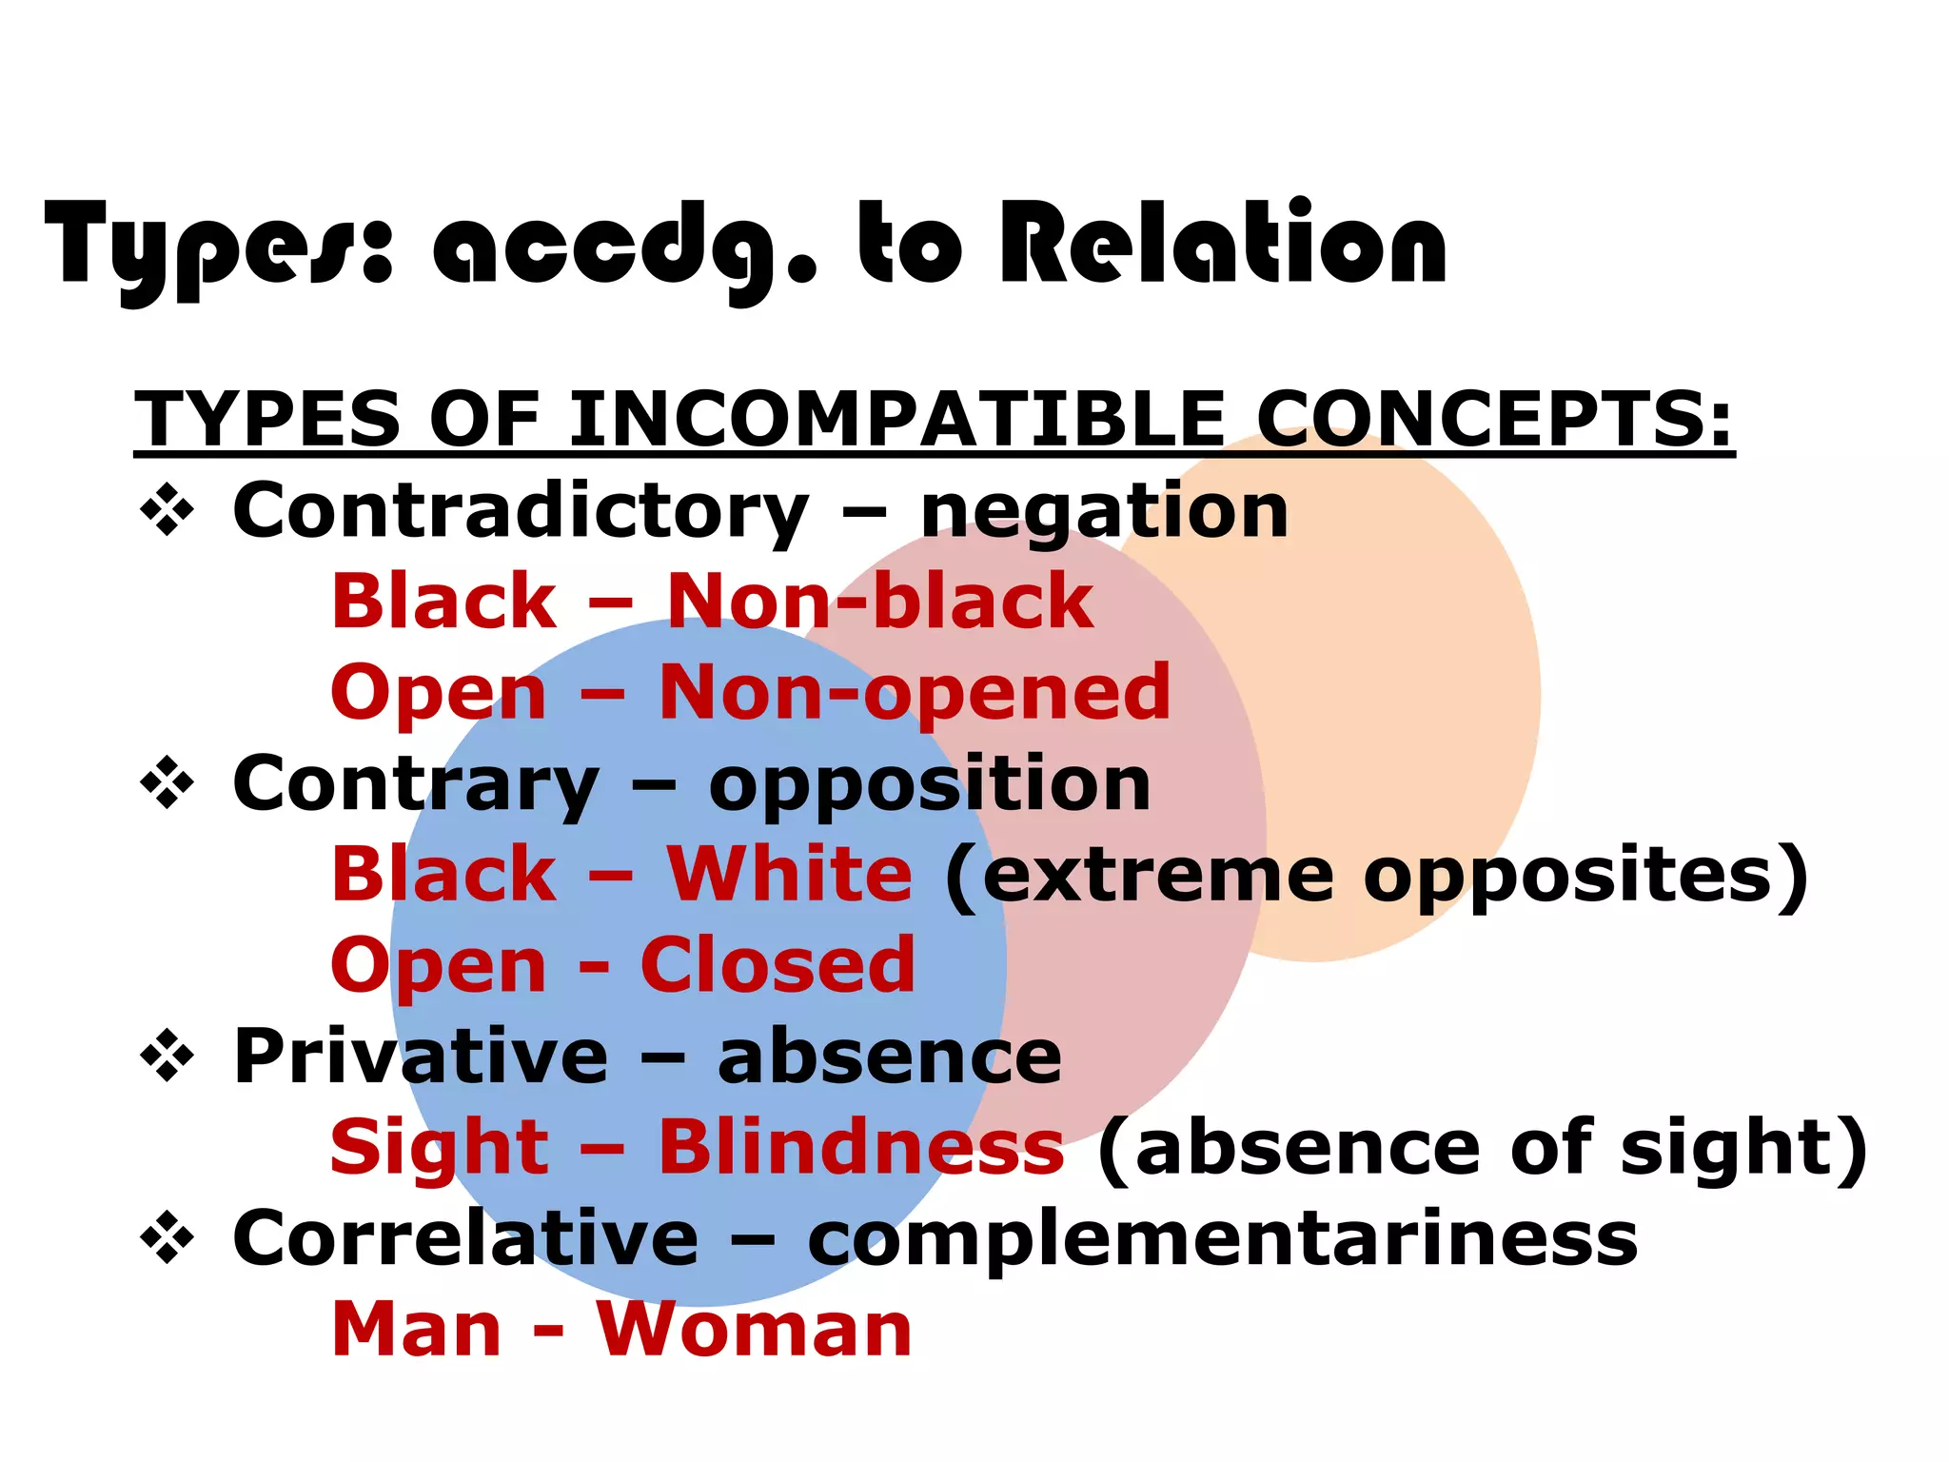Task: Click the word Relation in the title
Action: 1222,246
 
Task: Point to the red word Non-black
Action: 879,602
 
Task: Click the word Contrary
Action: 416,786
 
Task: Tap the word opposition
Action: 930,786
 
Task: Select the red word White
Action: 789,875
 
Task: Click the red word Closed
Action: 778,965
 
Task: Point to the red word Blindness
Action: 861,1147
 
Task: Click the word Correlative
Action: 465,1238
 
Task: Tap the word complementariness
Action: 1222,1240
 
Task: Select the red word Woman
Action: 754,1330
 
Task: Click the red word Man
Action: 416,1330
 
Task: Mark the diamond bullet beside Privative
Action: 167,1057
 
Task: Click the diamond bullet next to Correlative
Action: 167,1238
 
